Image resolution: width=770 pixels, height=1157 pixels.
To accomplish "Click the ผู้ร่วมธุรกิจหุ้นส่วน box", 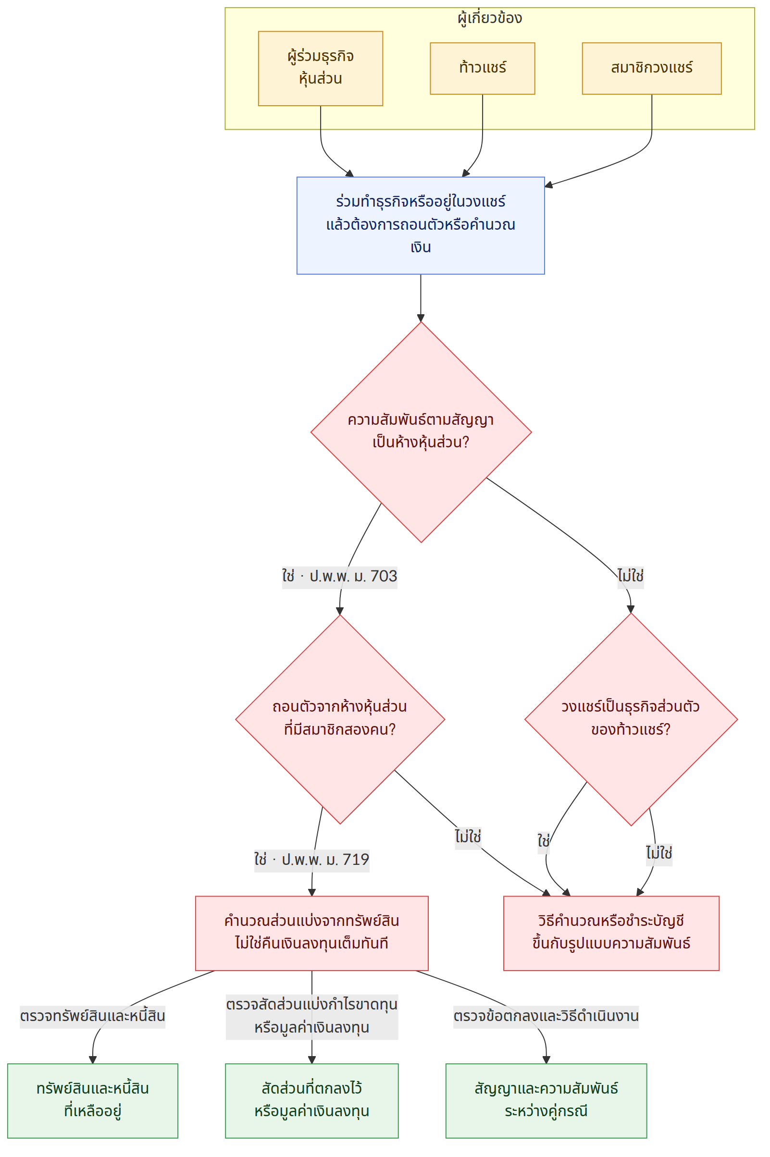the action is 320,68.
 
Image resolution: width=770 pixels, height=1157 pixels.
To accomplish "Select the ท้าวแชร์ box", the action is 482,68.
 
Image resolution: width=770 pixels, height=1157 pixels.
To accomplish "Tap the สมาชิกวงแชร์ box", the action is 652,68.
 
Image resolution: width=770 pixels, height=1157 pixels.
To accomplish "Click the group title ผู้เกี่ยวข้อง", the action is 490,18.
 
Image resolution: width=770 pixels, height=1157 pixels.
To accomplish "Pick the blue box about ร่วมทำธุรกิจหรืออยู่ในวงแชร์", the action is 421,225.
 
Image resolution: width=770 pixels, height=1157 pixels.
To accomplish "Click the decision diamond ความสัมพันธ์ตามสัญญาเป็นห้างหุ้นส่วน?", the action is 421,432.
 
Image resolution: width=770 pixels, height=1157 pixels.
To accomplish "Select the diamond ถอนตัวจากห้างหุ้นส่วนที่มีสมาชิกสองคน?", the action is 340,719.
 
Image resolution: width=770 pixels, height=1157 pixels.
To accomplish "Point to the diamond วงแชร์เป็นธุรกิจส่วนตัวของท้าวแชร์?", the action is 631,719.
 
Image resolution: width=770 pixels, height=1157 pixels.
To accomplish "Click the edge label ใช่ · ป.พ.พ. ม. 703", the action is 339,576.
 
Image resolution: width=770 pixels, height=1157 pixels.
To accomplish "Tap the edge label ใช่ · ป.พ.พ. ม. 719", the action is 311,859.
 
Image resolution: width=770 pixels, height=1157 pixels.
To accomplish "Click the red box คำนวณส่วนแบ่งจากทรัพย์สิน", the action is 311,933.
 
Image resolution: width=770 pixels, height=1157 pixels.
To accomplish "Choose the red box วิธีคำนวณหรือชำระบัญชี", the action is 611,933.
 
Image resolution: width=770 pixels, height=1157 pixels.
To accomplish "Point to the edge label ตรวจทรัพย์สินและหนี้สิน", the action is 92,1016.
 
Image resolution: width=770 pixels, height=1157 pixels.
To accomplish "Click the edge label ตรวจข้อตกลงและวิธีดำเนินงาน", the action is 546,1016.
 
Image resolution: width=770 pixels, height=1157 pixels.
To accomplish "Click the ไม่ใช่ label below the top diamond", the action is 631,576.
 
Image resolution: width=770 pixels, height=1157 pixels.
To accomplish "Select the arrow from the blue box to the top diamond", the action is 421,298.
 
